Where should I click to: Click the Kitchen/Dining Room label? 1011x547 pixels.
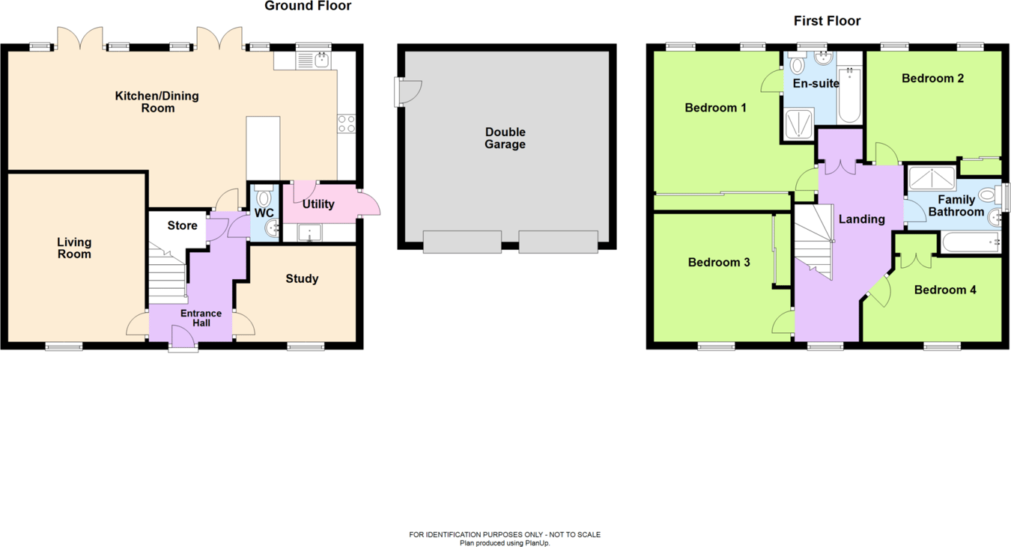point(157,102)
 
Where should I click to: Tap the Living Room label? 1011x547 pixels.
point(74,248)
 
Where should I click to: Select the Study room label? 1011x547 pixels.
point(302,278)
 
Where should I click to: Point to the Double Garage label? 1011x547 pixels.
point(505,138)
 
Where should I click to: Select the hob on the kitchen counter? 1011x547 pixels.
point(346,123)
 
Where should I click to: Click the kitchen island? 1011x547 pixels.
point(263,147)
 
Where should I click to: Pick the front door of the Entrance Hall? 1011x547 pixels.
point(183,338)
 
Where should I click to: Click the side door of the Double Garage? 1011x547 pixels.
point(409,91)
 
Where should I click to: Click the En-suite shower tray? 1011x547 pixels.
point(798,124)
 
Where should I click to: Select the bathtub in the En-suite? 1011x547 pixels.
point(850,95)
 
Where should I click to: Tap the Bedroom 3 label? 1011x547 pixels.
point(719,263)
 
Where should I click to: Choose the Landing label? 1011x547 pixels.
point(861,219)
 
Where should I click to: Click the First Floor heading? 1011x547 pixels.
point(827,21)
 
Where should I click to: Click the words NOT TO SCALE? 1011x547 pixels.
point(574,534)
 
